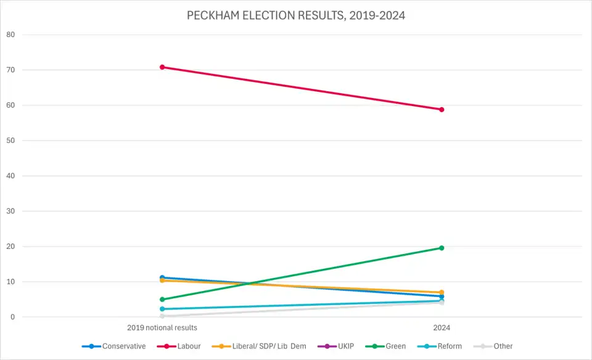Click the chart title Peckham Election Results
296,15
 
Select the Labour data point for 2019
162,67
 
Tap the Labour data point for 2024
442,110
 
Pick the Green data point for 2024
442,248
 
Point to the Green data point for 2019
162,300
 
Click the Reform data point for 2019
162,309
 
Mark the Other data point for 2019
162,316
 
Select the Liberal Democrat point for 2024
442,292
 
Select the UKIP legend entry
339,346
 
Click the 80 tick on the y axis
10,35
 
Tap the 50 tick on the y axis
10,141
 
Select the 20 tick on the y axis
10,247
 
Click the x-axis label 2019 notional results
162,328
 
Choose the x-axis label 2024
442,328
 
